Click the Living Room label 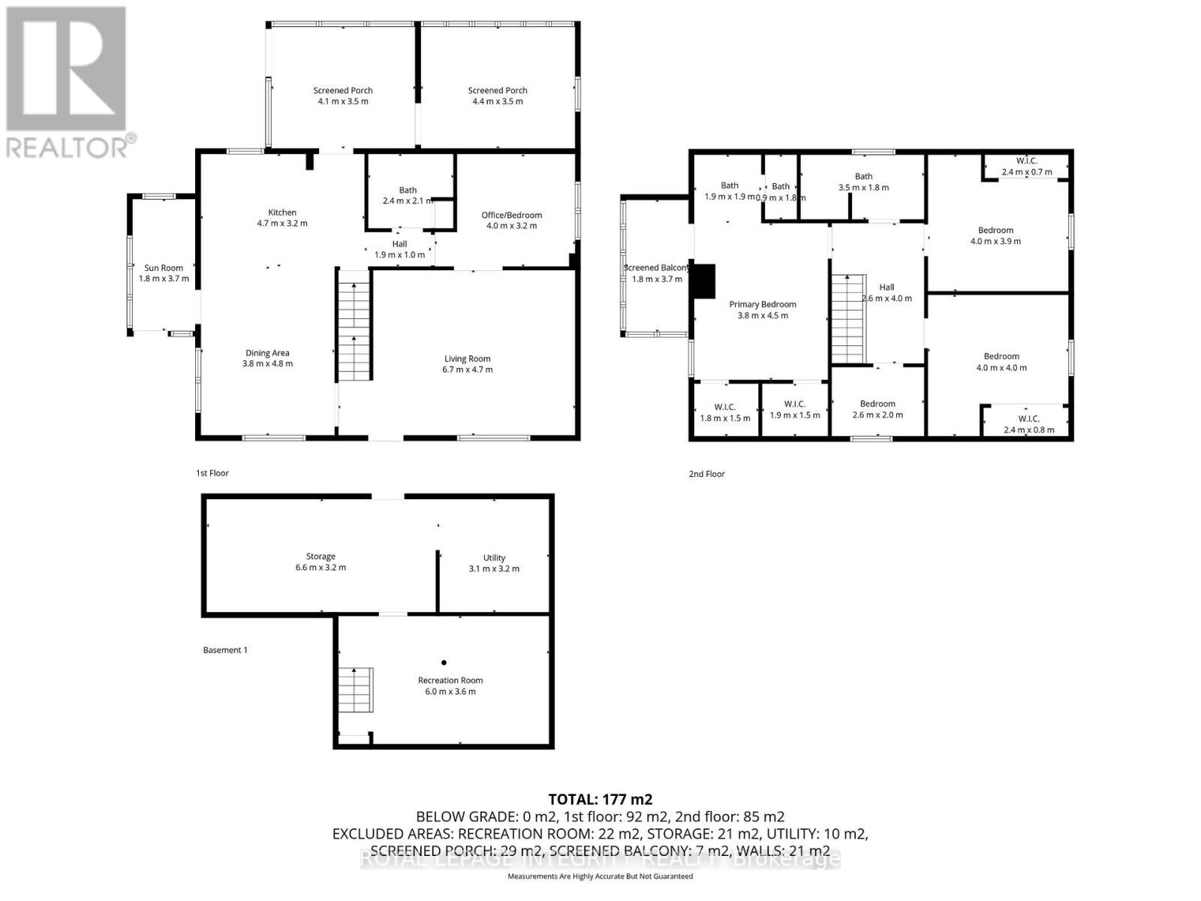[x=467, y=359]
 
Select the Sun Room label [x=164, y=268]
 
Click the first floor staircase [x=354, y=327]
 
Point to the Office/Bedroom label [x=511, y=215]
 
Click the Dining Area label [x=267, y=353]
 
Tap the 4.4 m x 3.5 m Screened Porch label [x=498, y=91]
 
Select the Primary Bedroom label [x=763, y=304]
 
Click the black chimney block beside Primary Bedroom [x=704, y=282]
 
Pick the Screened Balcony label [x=656, y=268]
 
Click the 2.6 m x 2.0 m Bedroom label [x=877, y=404]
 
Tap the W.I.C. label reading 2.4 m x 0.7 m [x=1027, y=161]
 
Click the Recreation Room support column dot [x=444, y=662]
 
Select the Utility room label [x=494, y=558]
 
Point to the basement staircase [x=355, y=689]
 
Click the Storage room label [x=321, y=556]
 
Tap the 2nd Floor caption [x=706, y=474]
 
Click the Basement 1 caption [x=225, y=649]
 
